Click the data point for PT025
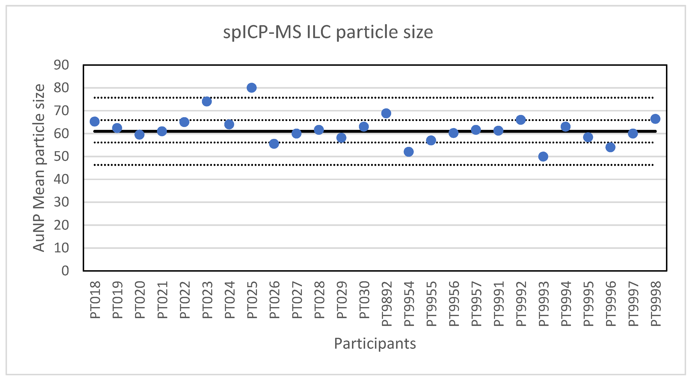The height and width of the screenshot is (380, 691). tap(251, 87)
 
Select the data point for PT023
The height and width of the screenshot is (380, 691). tap(206, 101)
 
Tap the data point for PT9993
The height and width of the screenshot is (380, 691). tap(543, 156)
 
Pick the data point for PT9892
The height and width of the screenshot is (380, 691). tap(386, 113)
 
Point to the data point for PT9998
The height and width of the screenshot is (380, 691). tap(655, 119)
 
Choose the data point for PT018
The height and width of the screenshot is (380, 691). tap(94, 121)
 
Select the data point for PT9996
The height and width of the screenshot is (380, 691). tap(610, 147)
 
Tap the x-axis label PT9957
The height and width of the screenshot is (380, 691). tap(476, 303)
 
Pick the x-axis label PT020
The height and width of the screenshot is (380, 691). tap(140, 300)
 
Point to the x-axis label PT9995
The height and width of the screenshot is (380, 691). tap(588, 303)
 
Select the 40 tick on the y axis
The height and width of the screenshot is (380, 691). tap(61, 179)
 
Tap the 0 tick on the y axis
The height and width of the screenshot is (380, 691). tap(65, 271)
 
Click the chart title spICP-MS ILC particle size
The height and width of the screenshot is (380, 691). tap(328, 32)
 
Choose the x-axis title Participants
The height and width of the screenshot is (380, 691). tap(375, 343)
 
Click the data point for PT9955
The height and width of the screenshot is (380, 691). tap(431, 140)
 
